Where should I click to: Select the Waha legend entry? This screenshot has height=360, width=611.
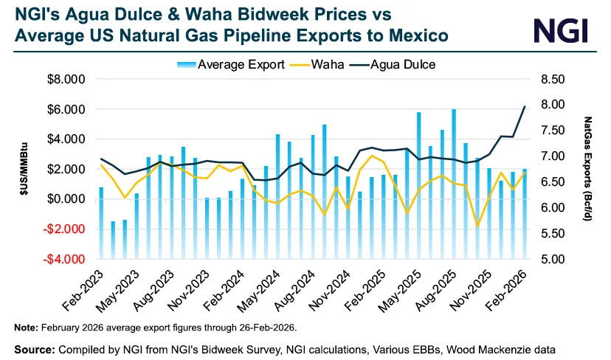pos(325,64)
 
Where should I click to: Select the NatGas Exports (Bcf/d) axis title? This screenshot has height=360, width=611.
pos(588,169)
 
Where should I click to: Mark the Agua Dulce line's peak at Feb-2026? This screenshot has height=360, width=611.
pos(524,106)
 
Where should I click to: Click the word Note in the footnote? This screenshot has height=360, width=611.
pos(27,327)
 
